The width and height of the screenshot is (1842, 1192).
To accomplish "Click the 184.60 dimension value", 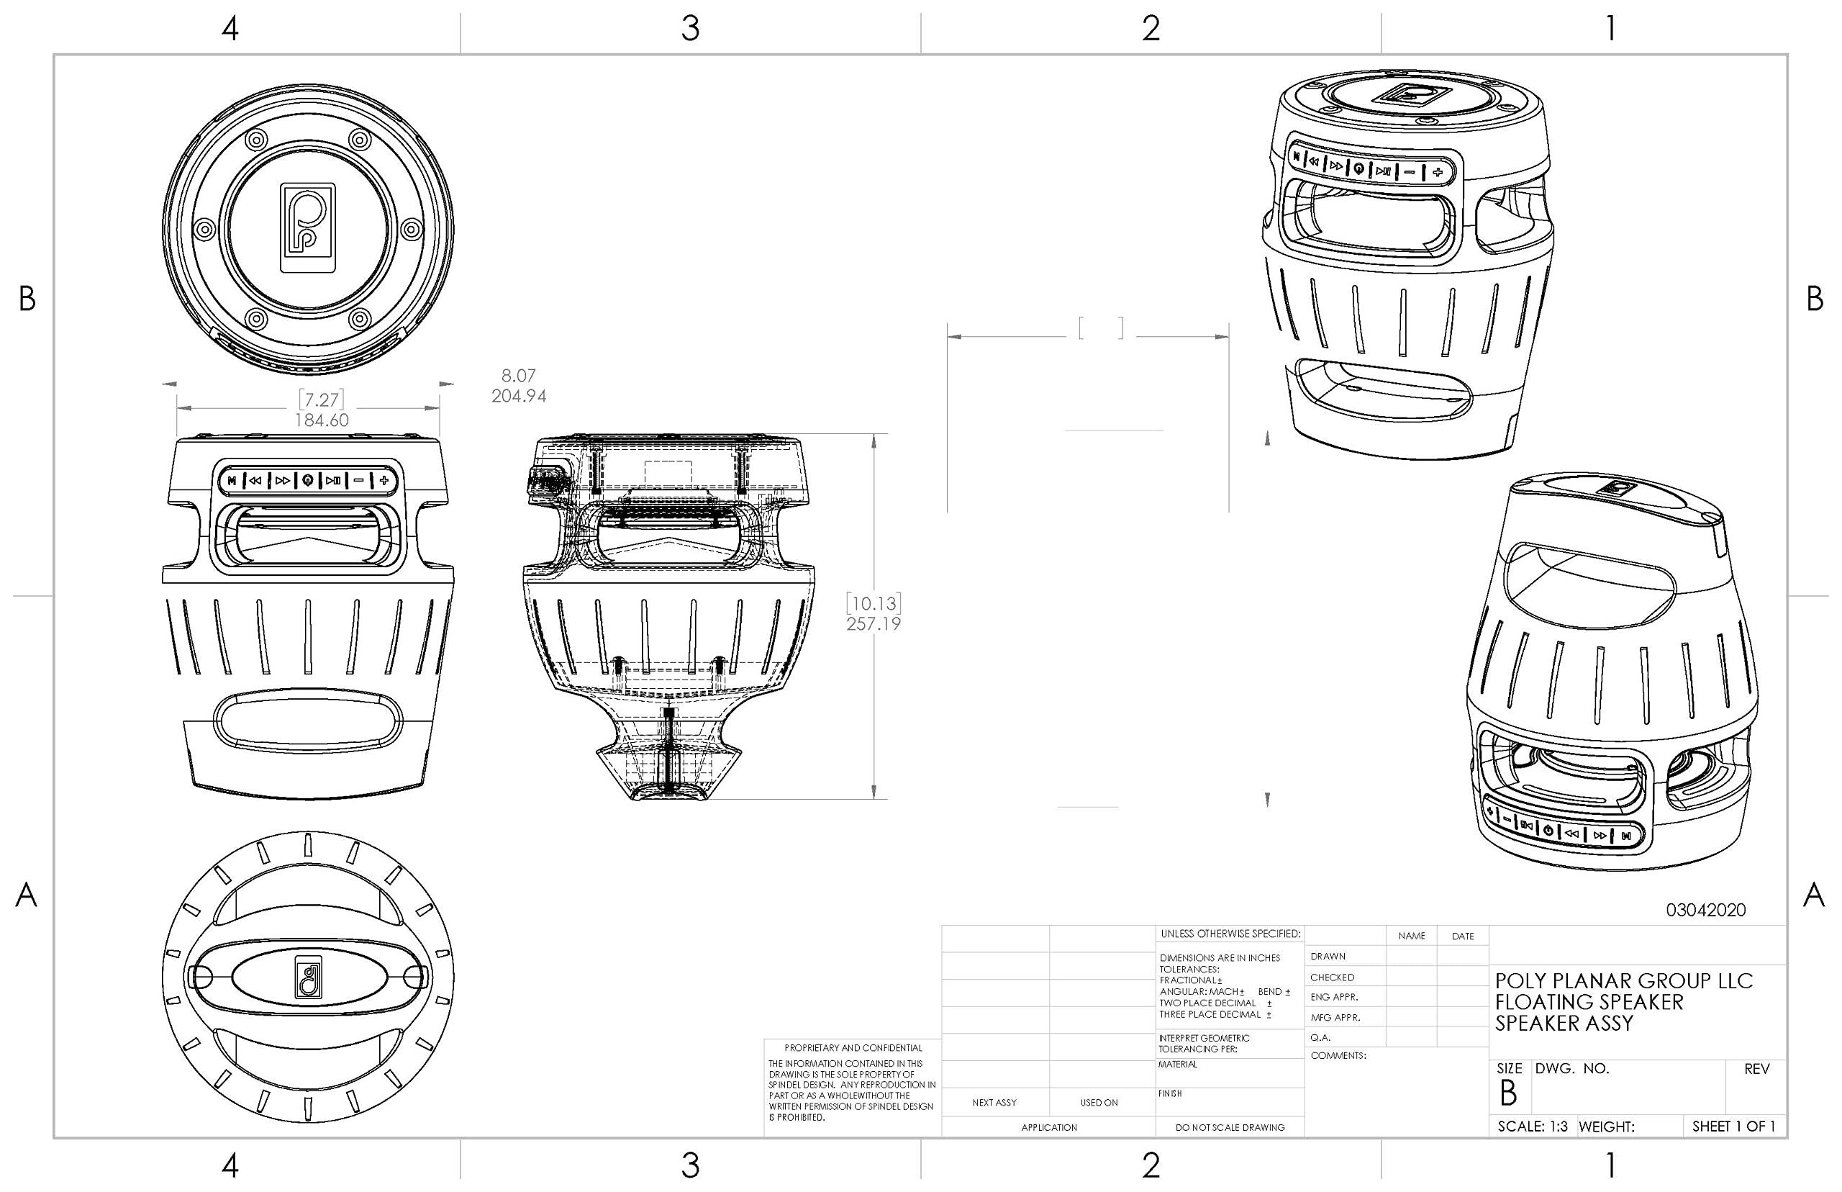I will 321,420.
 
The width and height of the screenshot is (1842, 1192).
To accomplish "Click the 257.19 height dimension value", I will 873,624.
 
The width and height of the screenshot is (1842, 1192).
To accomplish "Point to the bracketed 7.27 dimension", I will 321,399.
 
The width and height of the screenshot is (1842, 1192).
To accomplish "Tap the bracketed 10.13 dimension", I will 873,603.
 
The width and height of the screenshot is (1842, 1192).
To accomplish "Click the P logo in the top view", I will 308,228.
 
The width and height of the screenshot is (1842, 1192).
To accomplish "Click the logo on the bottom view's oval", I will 309,977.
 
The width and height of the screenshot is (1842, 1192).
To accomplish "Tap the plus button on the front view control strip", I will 384,481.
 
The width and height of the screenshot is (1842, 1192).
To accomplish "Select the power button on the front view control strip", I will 308,481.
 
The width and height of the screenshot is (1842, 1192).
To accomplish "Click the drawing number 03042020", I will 1705,911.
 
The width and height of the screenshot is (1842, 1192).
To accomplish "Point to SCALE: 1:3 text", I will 1532,1127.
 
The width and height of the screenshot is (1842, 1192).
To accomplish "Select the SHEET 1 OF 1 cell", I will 1733,1127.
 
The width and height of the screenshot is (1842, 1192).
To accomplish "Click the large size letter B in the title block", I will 1508,1093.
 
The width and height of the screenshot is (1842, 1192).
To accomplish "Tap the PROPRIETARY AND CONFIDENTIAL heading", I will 853,1048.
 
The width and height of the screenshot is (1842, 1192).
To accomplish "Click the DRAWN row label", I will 1328,957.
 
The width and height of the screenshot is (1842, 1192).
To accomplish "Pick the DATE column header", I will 1462,936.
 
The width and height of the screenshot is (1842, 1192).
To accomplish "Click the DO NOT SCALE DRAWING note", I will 1229,1128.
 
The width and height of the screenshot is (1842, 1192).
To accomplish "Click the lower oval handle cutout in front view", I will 309,719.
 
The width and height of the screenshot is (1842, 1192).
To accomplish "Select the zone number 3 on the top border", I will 690,29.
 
